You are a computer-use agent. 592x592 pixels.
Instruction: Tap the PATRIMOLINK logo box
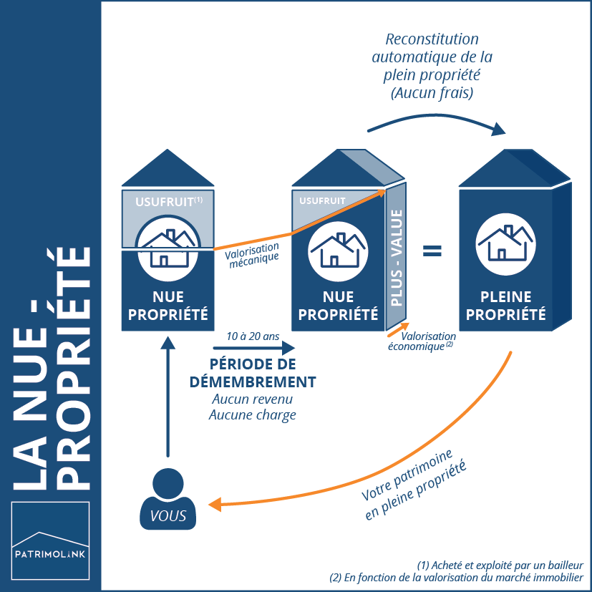click(51, 540)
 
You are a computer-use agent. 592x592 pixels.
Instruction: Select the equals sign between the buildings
click(431, 251)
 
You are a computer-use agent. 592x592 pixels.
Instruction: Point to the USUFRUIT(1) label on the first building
click(165, 203)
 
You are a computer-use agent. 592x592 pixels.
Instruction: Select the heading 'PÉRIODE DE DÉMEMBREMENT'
click(253, 372)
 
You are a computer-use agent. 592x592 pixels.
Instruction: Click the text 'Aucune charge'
click(253, 414)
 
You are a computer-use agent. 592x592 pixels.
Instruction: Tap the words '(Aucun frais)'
click(432, 93)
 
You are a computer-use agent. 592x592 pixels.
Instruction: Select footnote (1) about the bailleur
click(500, 564)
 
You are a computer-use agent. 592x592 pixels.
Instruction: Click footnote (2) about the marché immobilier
click(457, 578)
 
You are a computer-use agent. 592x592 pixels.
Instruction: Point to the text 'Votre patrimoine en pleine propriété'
click(414, 481)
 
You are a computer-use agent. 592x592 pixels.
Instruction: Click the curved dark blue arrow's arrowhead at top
click(498, 129)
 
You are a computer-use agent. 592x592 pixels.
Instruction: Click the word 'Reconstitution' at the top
click(432, 39)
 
